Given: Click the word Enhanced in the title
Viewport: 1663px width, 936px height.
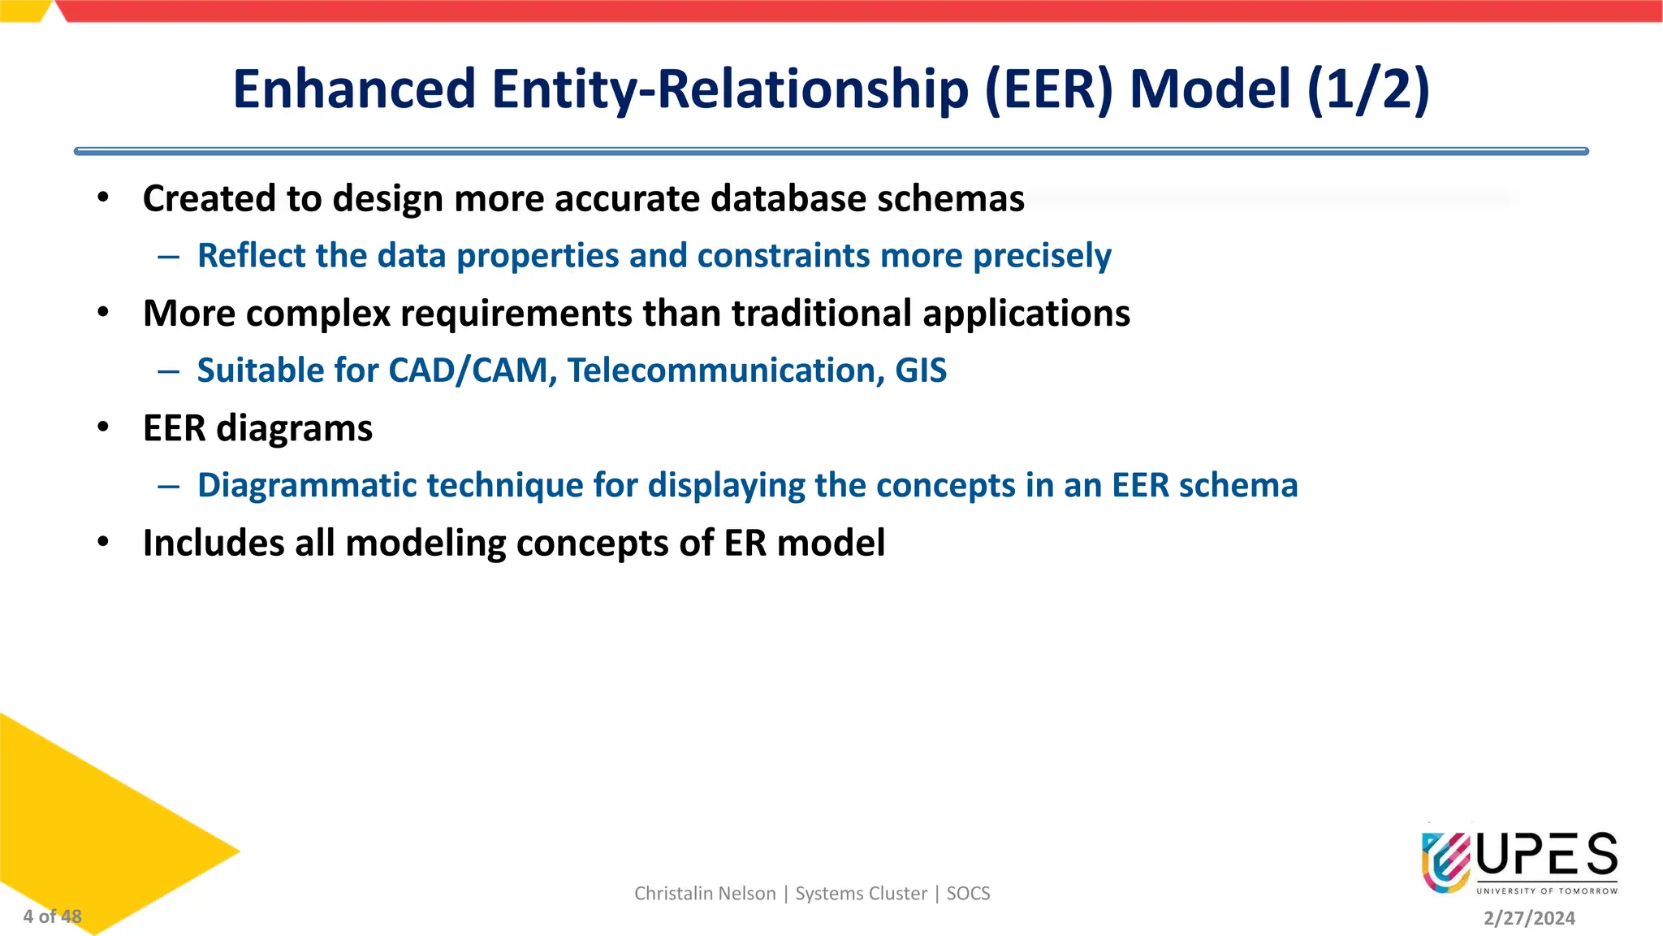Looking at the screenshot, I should point(354,89).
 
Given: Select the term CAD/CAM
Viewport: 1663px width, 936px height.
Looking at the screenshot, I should point(472,370).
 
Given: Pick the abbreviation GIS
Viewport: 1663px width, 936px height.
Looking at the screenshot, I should point(921,370).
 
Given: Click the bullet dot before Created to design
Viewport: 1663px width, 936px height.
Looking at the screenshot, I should point(103,197).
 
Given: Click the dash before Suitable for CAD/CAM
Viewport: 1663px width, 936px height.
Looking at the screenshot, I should point(169,371).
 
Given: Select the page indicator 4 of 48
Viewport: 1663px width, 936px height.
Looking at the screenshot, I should point(52,916).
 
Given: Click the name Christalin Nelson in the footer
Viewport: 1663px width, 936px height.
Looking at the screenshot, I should point(705,894).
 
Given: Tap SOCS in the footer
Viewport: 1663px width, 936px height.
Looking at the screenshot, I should point(968,894).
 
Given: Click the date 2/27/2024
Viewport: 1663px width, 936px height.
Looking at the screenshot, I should point(1529,918).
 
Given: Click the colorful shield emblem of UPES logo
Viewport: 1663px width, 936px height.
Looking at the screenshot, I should point(1445,861).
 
